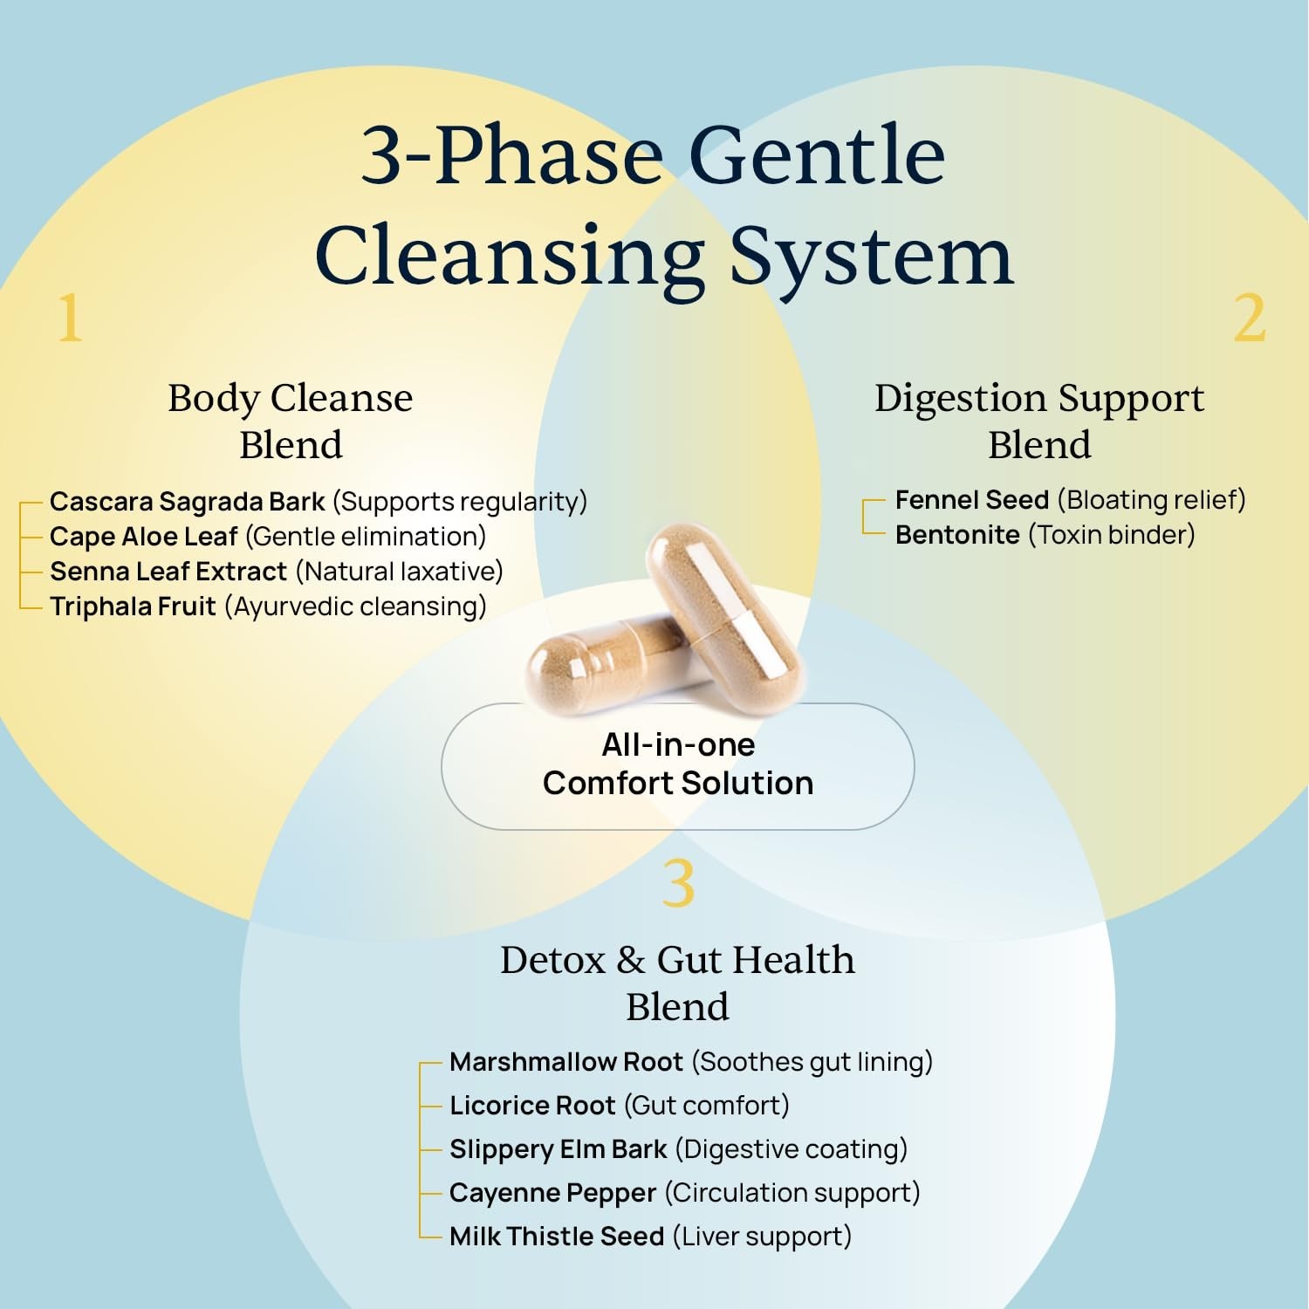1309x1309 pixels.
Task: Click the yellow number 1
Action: (x=70, y=319)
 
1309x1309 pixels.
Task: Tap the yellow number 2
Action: (x=1249, y=319)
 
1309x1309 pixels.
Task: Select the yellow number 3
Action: (x=678, y=883)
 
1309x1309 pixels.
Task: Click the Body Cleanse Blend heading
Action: (x=290, y=421)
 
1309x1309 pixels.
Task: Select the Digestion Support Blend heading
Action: (x=1038, y=421)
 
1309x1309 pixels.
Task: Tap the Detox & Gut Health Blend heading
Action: (x=677, y=983)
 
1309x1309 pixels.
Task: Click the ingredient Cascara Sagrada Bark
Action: (x=187, y=502)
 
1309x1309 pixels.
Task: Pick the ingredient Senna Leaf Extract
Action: (x=168, y=572)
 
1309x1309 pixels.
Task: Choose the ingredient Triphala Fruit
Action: (x=133, y=607)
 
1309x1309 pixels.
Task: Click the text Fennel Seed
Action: (x=971, y=500)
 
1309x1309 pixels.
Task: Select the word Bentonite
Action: (x=957, y=535)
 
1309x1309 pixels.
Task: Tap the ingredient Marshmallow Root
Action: (x=565, y=1062)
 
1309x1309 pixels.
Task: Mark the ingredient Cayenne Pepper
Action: (x=552, y=1193)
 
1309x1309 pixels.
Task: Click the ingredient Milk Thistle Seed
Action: (x=557, y=1237)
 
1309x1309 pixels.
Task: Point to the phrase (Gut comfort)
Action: (x=707, y=1106)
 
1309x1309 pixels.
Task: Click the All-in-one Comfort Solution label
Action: (x=678, y=764)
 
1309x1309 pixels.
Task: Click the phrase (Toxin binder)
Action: (x=1112, y=535)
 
